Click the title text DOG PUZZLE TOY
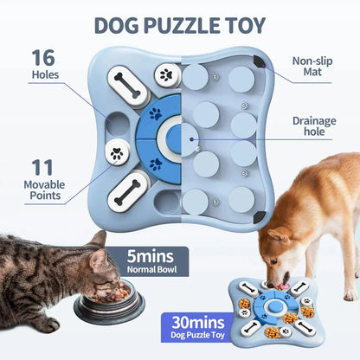(x=180, y=24)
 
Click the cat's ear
(x=98, y=239)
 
